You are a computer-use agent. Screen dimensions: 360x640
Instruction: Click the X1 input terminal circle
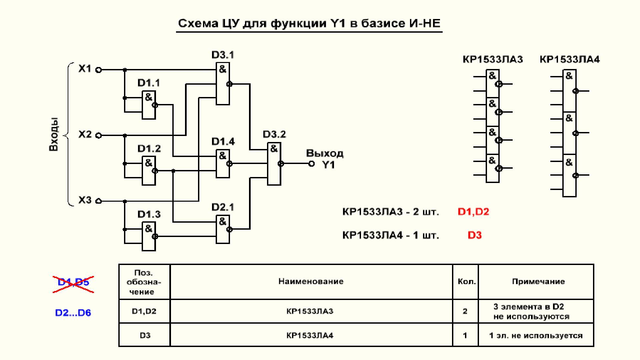98,70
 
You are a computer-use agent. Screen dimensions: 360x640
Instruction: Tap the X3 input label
85,200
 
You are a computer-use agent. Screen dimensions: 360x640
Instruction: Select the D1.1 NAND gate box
149,105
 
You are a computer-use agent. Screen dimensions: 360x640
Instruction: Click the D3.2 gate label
274,134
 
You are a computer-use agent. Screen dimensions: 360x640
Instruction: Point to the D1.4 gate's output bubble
229,164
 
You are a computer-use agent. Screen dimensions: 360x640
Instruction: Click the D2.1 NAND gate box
223,229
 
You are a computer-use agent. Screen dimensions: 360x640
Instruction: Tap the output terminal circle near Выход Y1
311,164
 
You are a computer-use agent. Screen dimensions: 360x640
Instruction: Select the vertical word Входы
54,134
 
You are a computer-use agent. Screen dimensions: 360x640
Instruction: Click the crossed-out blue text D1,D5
73,282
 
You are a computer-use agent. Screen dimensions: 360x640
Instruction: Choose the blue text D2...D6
73,313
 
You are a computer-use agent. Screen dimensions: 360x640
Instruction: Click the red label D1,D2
473,212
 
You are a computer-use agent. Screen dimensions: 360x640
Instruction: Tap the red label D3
474,235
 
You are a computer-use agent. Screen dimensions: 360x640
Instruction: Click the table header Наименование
311,281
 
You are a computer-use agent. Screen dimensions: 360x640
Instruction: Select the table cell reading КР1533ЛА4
310,335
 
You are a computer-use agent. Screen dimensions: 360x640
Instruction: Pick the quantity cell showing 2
465,311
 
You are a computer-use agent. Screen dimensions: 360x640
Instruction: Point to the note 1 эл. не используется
536,336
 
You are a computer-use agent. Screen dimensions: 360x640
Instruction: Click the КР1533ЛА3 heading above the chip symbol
493,60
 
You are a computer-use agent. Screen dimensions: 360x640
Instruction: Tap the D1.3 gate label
149,214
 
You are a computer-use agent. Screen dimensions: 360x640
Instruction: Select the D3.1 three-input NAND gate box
223,84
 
